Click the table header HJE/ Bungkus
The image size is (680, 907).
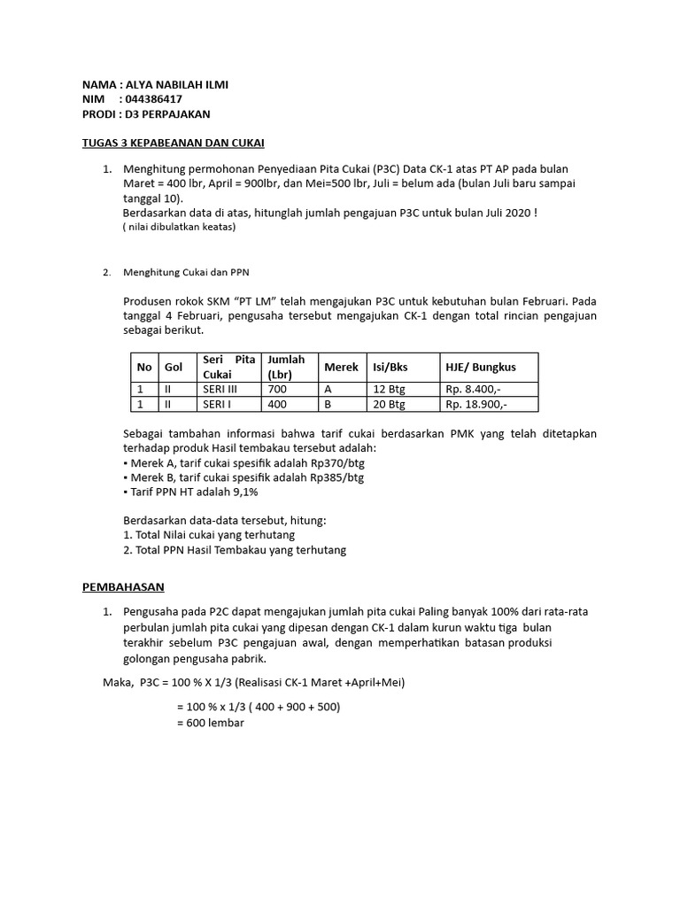480,367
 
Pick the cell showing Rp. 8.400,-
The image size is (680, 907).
477,389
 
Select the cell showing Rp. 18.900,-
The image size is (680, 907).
480,404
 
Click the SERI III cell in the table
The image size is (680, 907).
221,389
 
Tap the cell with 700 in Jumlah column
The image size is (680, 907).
278,389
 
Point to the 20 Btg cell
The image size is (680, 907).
389,404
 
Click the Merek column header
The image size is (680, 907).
341,367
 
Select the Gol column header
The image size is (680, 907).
174,367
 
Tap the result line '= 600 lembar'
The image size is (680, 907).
211,723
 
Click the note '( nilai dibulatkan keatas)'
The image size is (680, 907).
179,227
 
